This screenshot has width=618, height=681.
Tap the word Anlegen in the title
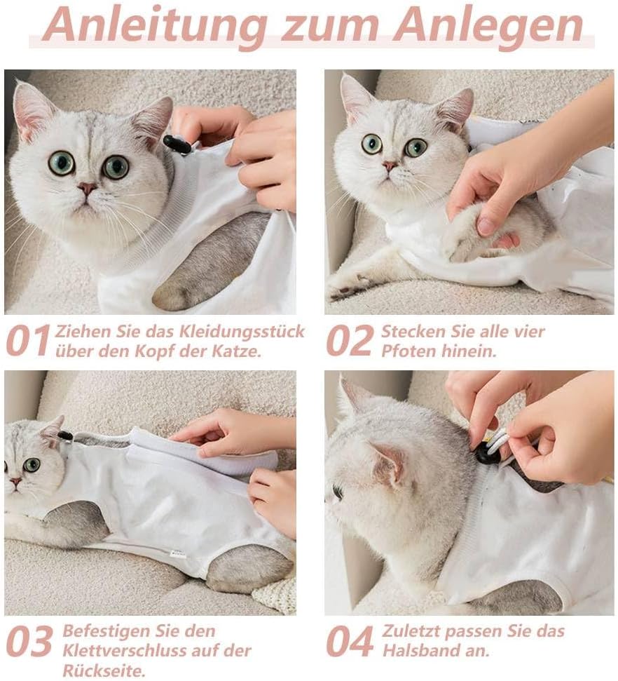click(488, 26)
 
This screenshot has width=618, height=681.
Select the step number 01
click(29, 341)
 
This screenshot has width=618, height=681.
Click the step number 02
click(350, 341)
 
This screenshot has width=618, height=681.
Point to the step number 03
click(29, 641)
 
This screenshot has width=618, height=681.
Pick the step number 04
click(350, 641)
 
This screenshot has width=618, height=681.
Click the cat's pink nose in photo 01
click(87, 188)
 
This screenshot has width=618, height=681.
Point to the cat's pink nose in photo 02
click(390, 166)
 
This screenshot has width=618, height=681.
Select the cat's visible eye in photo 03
click(32, 465)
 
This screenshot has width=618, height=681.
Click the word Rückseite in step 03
click(104, 670)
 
